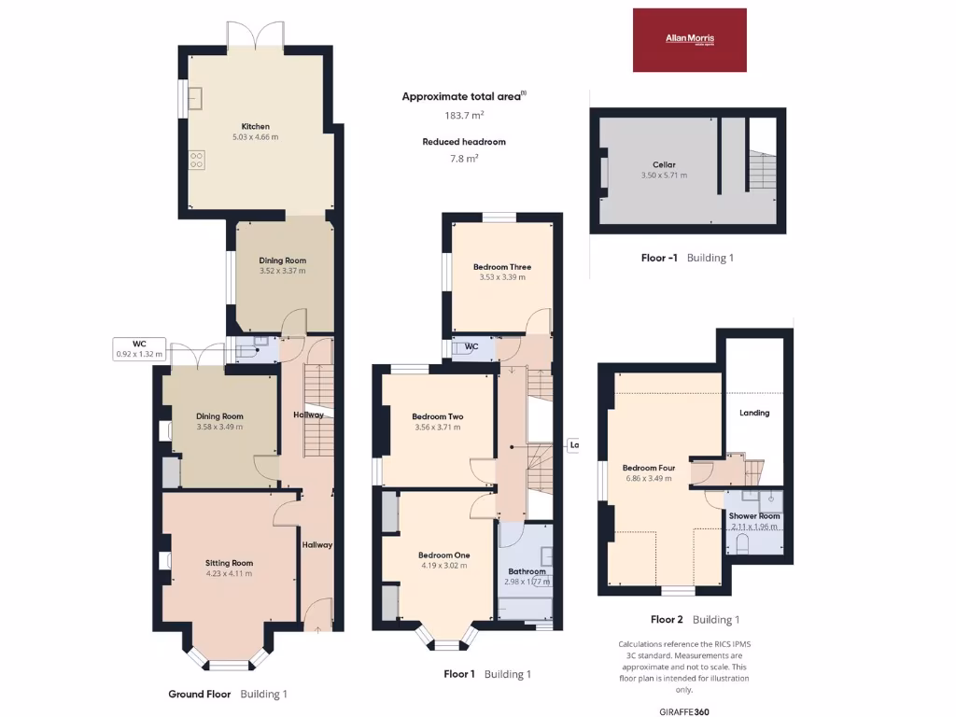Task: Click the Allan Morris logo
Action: coord(690,39)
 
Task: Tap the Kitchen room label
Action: coord(255,126)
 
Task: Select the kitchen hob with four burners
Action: coord(197,160)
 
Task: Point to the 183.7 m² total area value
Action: coord(464,115)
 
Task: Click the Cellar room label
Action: coord(664,164)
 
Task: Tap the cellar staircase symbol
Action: coord(763,172)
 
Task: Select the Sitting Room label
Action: coord(229,563)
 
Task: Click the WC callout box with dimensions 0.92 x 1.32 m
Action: coord(139,348)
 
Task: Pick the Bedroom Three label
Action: coord(502,267)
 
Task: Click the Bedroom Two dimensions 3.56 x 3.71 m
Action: coord(437,428)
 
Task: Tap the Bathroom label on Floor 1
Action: coord(527,571)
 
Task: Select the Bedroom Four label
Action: coord(649,468)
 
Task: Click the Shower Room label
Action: coord(754,516)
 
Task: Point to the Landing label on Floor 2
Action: coord(754,413)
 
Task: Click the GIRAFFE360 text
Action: coord(683,711)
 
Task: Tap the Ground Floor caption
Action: coord(200,694)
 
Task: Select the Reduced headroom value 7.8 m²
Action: coord(464,159)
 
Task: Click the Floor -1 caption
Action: coord(659,257)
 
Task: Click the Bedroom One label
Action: coord(443,555)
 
